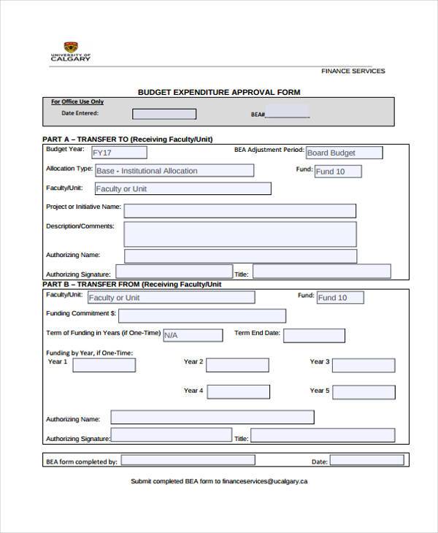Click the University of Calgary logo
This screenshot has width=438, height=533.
[x=70, y=52]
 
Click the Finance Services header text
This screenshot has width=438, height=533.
[x=353, y=71]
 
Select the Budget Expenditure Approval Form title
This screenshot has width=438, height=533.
[x=219, y=92]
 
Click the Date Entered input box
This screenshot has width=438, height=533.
[x=164, y=114]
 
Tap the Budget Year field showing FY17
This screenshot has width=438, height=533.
[x=118, y=153]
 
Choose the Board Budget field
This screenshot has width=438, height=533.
[x=344, y=153]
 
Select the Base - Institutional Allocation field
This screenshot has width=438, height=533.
[x=174, y=171]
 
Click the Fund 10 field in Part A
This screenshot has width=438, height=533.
[x=339, y=172]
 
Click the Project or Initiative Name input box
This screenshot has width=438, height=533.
[x=239, y=211]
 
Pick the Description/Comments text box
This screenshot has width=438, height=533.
[x=239, y=234]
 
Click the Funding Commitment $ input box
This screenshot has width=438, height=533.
[x=201, y=315]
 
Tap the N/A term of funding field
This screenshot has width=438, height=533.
[x=193, y=335]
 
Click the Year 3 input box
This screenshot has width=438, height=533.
[x=368, y=365]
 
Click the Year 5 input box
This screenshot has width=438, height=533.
[x=368, y=392]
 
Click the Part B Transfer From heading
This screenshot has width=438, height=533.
[x=132, y=284]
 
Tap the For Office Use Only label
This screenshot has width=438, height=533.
[x=77, y=102]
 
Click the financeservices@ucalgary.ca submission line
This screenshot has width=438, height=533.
[x=219, y=481]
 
